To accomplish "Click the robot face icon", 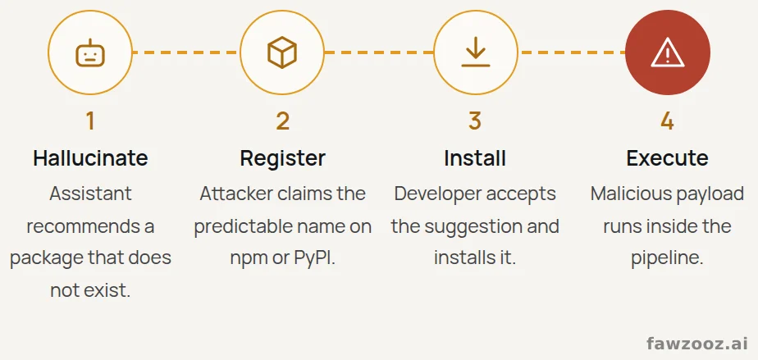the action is [90, 52].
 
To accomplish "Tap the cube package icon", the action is [282, 52].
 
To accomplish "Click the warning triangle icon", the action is [668, 52].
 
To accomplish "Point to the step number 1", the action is [90, 121].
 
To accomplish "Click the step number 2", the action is [283, 121].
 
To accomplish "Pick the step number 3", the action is [475, 121].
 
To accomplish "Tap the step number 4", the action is [667, 121].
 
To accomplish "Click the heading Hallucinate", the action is [90, 158].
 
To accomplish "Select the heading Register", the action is [283, 158].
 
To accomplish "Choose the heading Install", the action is [475, 158].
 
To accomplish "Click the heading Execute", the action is [668, 158].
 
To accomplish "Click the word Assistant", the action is [90, 194].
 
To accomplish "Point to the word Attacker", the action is [237, 194].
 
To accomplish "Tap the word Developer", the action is [438, 194].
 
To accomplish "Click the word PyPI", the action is [314, 258].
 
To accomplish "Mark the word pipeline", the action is [667, 258].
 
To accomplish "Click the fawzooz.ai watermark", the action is [697, 344].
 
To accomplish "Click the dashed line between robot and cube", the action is [186, 52].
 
